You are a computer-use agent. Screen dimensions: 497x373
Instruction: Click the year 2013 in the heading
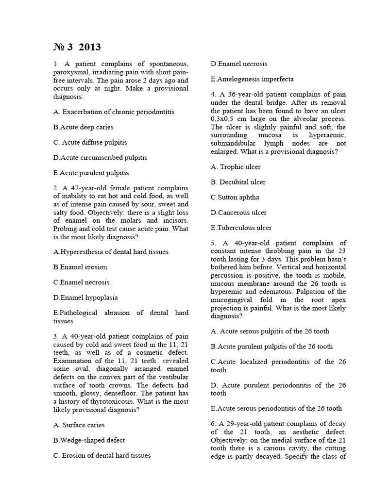coord(88,47)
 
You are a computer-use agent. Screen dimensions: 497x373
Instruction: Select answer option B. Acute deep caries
coord(83,127)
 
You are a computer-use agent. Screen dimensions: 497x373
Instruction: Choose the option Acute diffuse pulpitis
coord(90,142)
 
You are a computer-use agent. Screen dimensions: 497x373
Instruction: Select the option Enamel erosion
coord(80,267)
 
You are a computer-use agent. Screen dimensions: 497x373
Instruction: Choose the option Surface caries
coord(79,425)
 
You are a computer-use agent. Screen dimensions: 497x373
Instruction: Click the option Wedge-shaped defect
coord(89,440)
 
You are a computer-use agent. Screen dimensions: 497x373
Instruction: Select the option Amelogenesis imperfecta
coord(252,79)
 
